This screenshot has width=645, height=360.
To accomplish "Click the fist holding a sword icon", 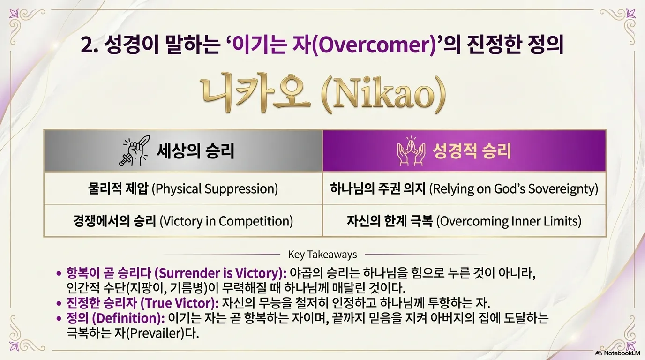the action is coord(134,151).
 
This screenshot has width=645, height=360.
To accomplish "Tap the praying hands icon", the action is coord(411,151).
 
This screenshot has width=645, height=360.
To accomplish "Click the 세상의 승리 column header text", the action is coord(195,151).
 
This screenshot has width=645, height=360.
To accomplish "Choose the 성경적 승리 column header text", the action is coord(472,151).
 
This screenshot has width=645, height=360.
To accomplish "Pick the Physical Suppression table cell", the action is coord(183,188).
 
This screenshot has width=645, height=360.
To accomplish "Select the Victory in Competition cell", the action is coord(183,221).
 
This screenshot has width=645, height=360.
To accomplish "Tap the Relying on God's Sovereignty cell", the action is coord(464,188).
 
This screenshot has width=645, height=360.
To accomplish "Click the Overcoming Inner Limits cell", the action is coord(464,221).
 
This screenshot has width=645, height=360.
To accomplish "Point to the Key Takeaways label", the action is coord(322,255).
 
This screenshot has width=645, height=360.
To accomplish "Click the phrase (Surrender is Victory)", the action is coord(221,273).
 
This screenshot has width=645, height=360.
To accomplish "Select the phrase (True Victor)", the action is coord(180,303).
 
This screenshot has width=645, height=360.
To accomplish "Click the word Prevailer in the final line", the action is coord(156,333).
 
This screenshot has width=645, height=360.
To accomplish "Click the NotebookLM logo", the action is coord(618,353).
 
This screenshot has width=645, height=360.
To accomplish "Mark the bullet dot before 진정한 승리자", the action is coord(59,303).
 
